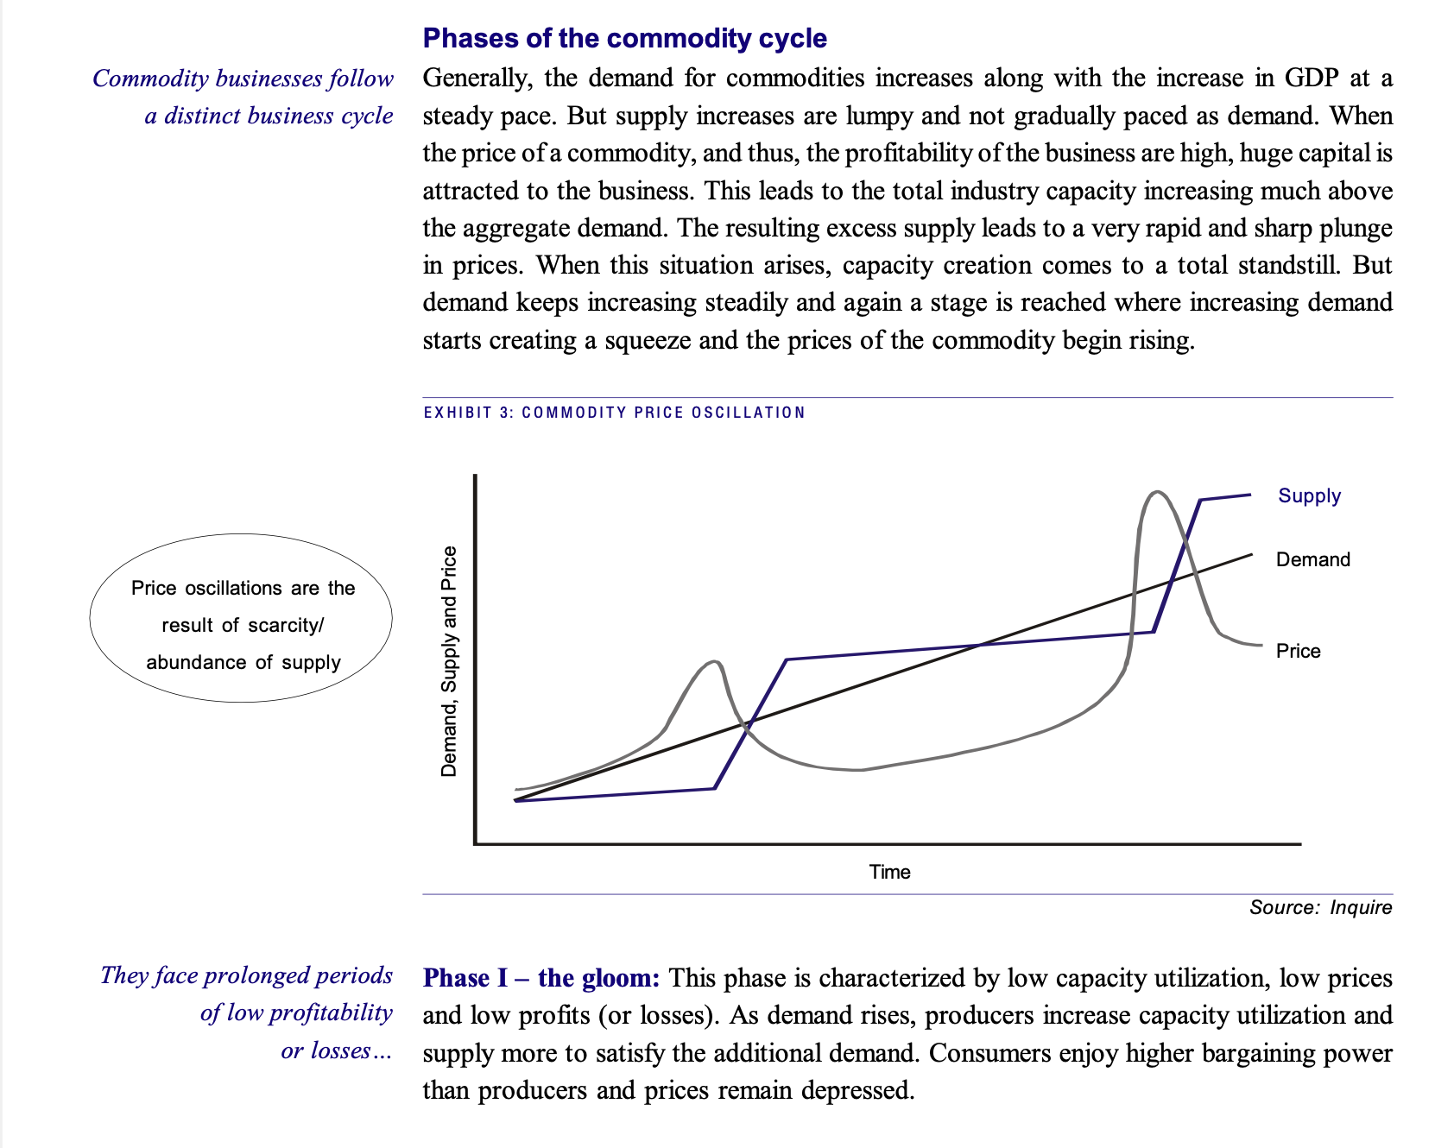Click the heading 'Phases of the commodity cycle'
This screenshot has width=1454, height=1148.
point(624,39)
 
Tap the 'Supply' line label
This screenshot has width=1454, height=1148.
point(1309,495)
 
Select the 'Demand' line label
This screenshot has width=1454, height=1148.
point(1312,559)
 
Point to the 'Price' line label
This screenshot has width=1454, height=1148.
point(1298,651)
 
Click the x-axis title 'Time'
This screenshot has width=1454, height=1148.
point(889,872)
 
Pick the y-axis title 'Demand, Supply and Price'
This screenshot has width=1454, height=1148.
point(449,661)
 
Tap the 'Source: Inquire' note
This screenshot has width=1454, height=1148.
point(1320,907)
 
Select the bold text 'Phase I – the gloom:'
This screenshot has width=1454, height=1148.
point(541,978)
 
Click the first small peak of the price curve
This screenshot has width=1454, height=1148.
point(715,661)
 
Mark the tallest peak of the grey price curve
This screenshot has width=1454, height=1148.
point(1157,492)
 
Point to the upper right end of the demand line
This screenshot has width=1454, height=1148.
point(1251,554)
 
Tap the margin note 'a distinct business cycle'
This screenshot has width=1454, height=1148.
point(269,116)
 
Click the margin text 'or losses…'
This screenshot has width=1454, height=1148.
point(337,1050)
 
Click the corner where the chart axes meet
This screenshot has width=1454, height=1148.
point(475,843)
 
